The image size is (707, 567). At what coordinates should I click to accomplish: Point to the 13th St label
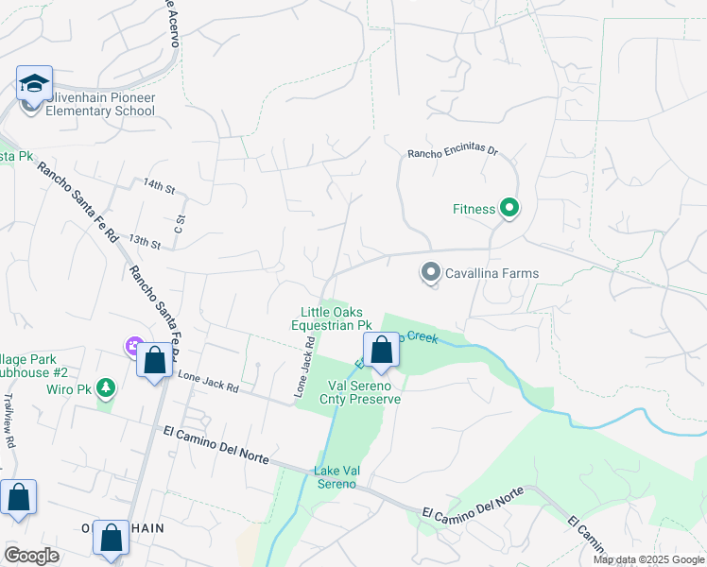145,242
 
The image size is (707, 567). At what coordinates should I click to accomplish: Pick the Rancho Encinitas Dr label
452,153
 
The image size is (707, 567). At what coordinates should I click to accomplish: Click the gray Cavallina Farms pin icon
431,274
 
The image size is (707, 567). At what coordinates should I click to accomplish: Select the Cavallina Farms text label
491,274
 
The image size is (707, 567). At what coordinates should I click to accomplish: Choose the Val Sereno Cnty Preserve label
364,392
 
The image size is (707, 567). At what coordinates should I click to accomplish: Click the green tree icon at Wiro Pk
107,387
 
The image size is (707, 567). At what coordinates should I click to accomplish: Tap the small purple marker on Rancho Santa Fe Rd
133,348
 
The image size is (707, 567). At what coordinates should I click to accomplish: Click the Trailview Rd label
9,421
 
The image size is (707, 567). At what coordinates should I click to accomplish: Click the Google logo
31,556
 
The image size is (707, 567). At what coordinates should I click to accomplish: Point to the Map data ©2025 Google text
647,559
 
